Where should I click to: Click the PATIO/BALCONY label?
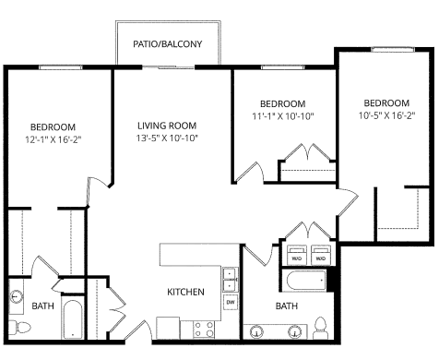(166, 42)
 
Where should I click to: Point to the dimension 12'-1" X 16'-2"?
(53, 139)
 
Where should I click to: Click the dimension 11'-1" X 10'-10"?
(282, 116)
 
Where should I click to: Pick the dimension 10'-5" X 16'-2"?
(386, 115)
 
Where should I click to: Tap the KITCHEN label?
(184, 292)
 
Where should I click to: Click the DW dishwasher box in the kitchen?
(230, 302)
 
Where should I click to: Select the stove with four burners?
(204, 328)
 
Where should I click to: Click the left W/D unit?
(297, 254)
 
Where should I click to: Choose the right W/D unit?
(320, 254)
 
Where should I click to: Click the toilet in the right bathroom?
(321, 328)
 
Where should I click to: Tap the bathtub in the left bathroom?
(73, 322)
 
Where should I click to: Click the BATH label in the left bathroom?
(42, 306)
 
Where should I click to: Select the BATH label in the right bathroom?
(286, 306)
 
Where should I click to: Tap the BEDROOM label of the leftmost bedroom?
(53, 126)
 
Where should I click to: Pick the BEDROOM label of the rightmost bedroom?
(386, 102)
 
